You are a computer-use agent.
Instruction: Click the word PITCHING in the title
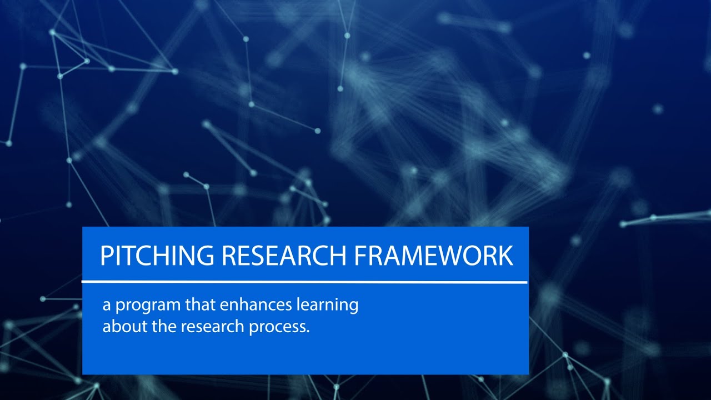click(x=157, y=256)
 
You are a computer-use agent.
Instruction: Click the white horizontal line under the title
click(x=304, y=282)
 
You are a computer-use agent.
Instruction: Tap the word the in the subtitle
click(x=161, y=326)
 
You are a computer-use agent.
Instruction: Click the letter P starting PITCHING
click(x=106, y=256)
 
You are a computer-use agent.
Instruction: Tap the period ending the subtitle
click(x=307, y=331)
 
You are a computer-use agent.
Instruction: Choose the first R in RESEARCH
click(x=228, y=256)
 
